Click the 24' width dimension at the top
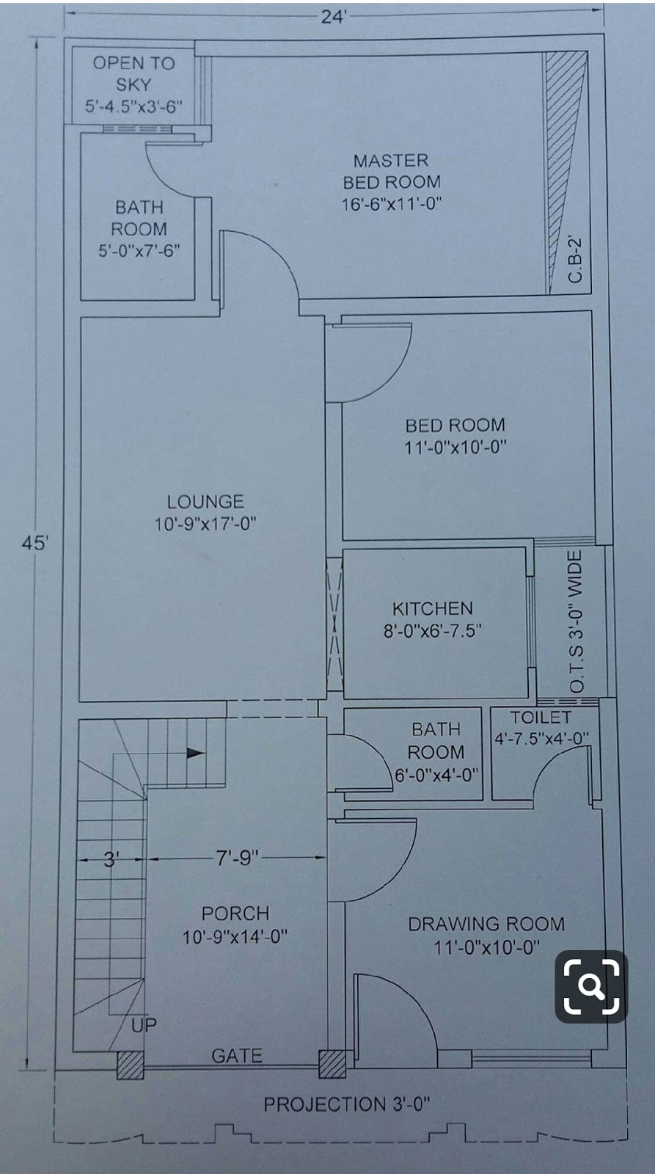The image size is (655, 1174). coord(332,16)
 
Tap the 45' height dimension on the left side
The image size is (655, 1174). coord(34,544)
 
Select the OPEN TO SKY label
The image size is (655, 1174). coord(133,84)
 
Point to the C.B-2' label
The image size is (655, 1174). coord(575,259)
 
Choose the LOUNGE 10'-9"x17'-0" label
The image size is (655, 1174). coord(205,512)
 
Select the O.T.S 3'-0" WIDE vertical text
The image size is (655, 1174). coord(577,621)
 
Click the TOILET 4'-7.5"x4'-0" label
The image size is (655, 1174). coord(541,727)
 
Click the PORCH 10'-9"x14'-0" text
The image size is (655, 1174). coord(235,925)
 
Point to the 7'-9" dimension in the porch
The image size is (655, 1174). coord(237,857)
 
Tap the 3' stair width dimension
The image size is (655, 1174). coord(111,858)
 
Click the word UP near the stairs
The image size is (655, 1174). coord(144,1024)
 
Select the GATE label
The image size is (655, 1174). coord(237,1055)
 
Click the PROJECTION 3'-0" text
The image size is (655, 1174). coord(346,1104)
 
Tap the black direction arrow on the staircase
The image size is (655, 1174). coord(195,752)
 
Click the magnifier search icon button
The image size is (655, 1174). coord(590,986)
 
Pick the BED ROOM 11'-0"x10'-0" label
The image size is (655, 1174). coord(455,435)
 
